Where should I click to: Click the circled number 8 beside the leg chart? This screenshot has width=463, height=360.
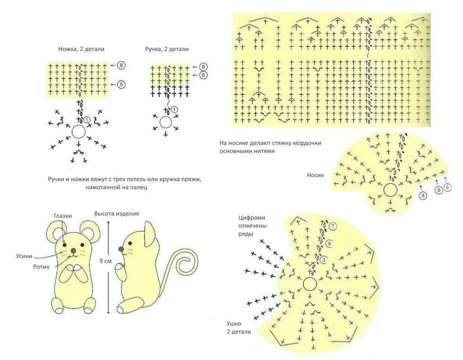point(122,65)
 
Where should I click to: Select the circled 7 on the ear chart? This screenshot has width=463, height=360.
point(333,226)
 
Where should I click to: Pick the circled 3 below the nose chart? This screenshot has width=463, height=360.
point(423,196)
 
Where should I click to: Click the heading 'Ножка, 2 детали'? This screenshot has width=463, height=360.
point(78,49)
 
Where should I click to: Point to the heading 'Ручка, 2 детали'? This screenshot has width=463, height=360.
point(167,49)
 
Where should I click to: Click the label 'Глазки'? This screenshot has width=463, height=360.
point(62,216)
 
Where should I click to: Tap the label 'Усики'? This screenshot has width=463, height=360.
point(23,256)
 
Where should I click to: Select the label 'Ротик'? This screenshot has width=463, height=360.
point(41,266)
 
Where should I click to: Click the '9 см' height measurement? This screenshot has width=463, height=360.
point(105,261)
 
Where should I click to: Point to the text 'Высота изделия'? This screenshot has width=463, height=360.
point(116,214)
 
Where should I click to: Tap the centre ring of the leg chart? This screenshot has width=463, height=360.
point(79,131)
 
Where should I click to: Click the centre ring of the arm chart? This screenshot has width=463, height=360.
point(165,122)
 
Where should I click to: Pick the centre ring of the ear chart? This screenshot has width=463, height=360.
point(310,284)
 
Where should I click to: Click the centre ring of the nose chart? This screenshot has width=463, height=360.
point(390,190)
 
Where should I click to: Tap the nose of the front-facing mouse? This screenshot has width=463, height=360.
point(73,250)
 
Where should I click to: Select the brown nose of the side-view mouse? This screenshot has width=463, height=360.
point(121,249)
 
